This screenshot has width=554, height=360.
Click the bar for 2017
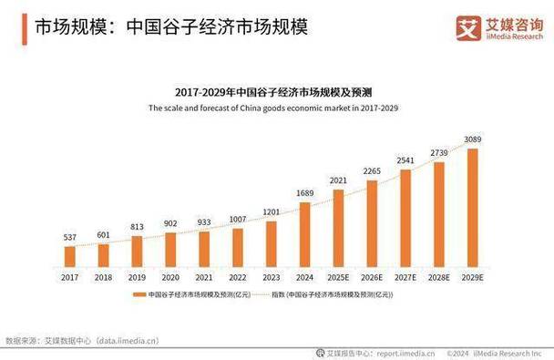pyautogui.click(x=70, y=257)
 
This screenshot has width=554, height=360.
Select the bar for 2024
pyautogui.click(x=304, y=235)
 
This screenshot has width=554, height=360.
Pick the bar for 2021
pyautogui.click(x=204, y=250)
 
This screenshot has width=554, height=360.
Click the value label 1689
pyautogui.click(x=304, y=193)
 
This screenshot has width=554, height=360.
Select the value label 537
pyautogui.click(x=70, y=237)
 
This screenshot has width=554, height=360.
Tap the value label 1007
pyautogui.click(x=238, y=220)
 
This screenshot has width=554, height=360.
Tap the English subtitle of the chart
pyautogui.click(x=272, y=108)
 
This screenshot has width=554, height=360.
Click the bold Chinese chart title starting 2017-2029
pyautogui.click(x=272, y=92)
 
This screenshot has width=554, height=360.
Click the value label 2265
pyautogui.click(x=372, y=170)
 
